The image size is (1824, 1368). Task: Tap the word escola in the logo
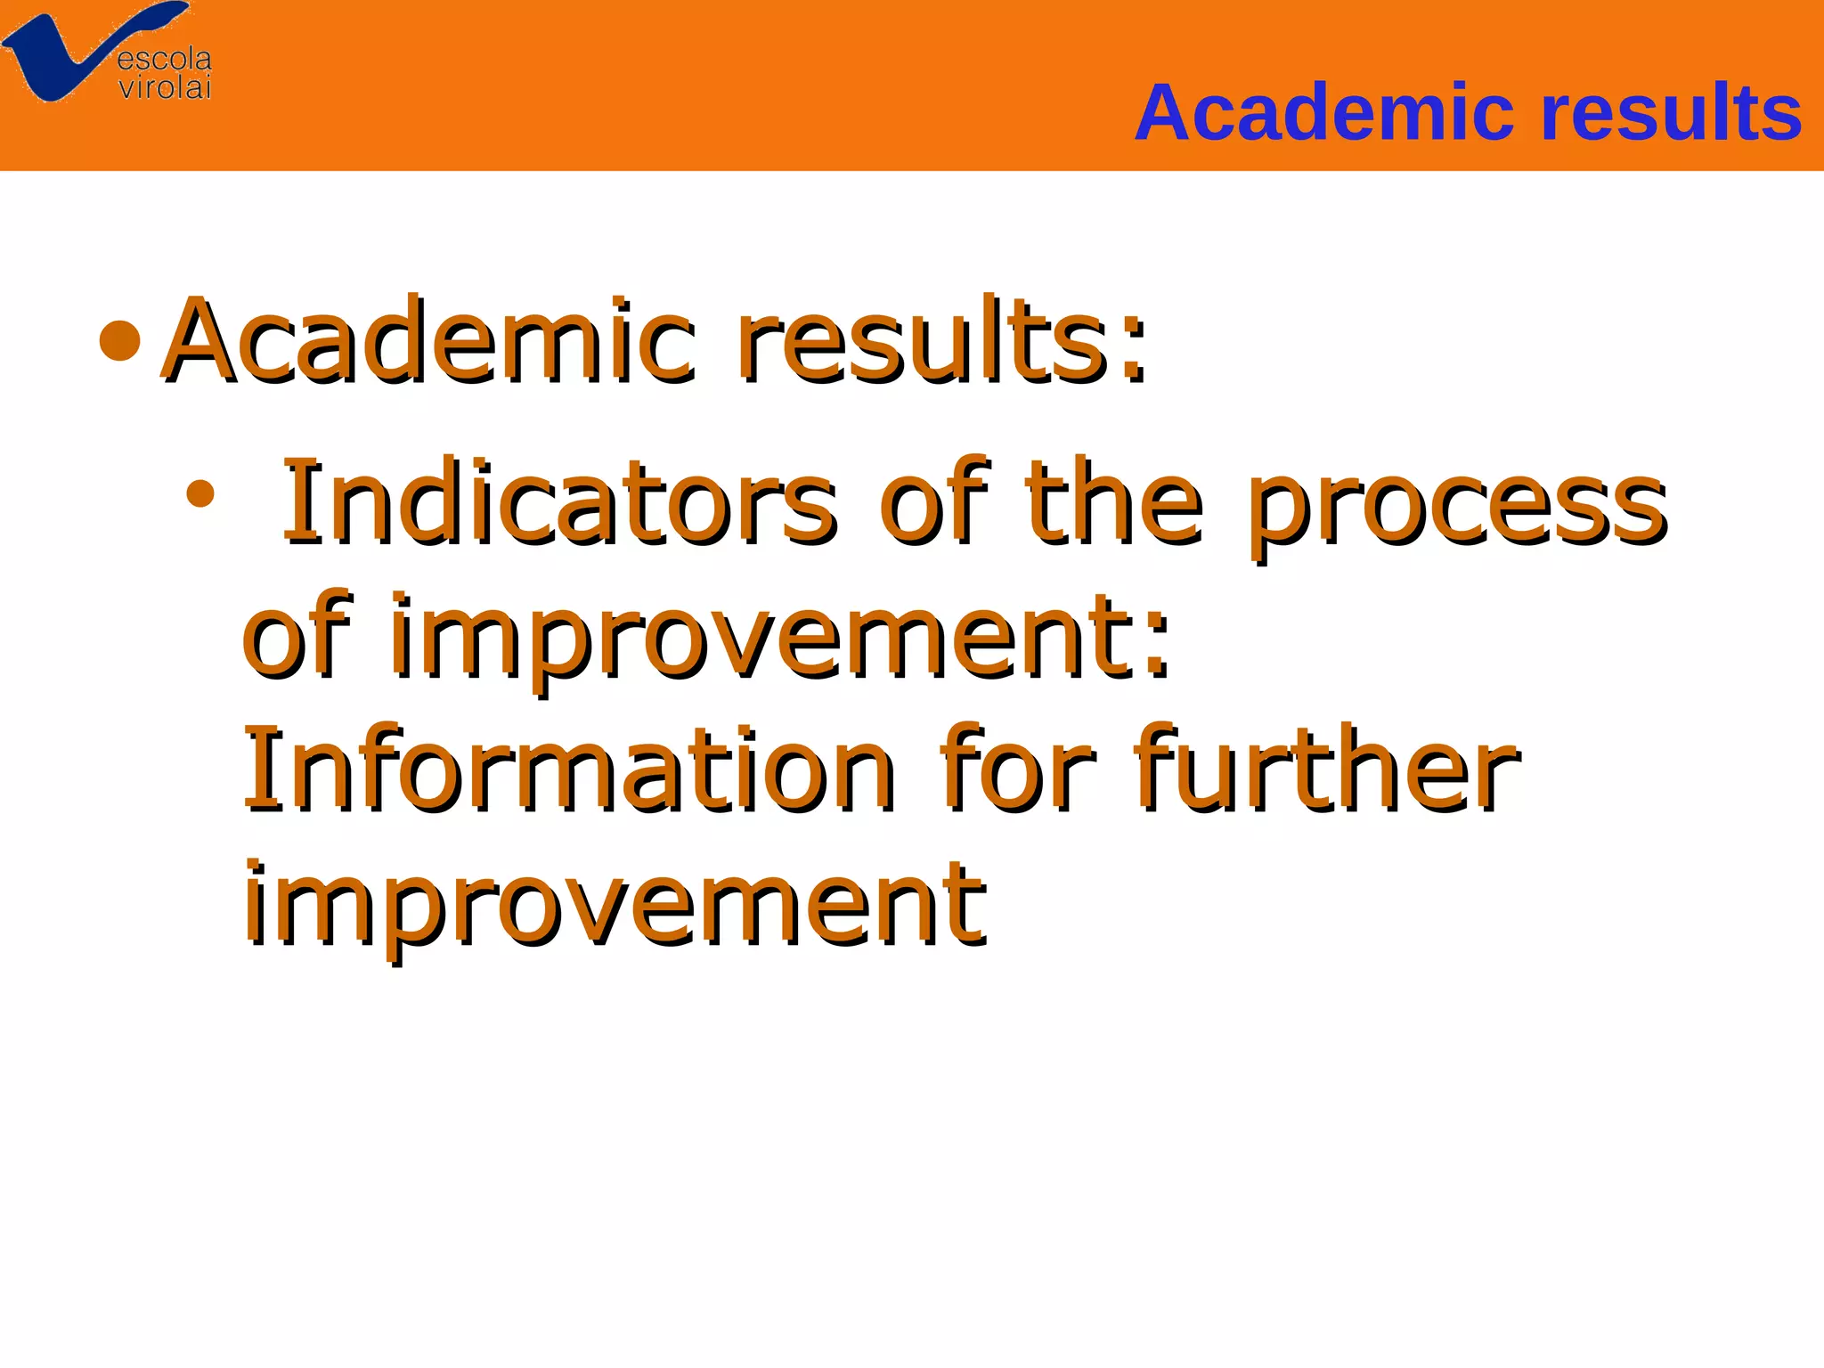point(165,60)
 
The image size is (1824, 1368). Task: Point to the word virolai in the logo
point(166,87)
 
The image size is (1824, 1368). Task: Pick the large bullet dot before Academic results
point(120,341)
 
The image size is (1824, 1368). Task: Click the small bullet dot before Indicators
point(201,493)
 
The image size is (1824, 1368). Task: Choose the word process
point(1456,508)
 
